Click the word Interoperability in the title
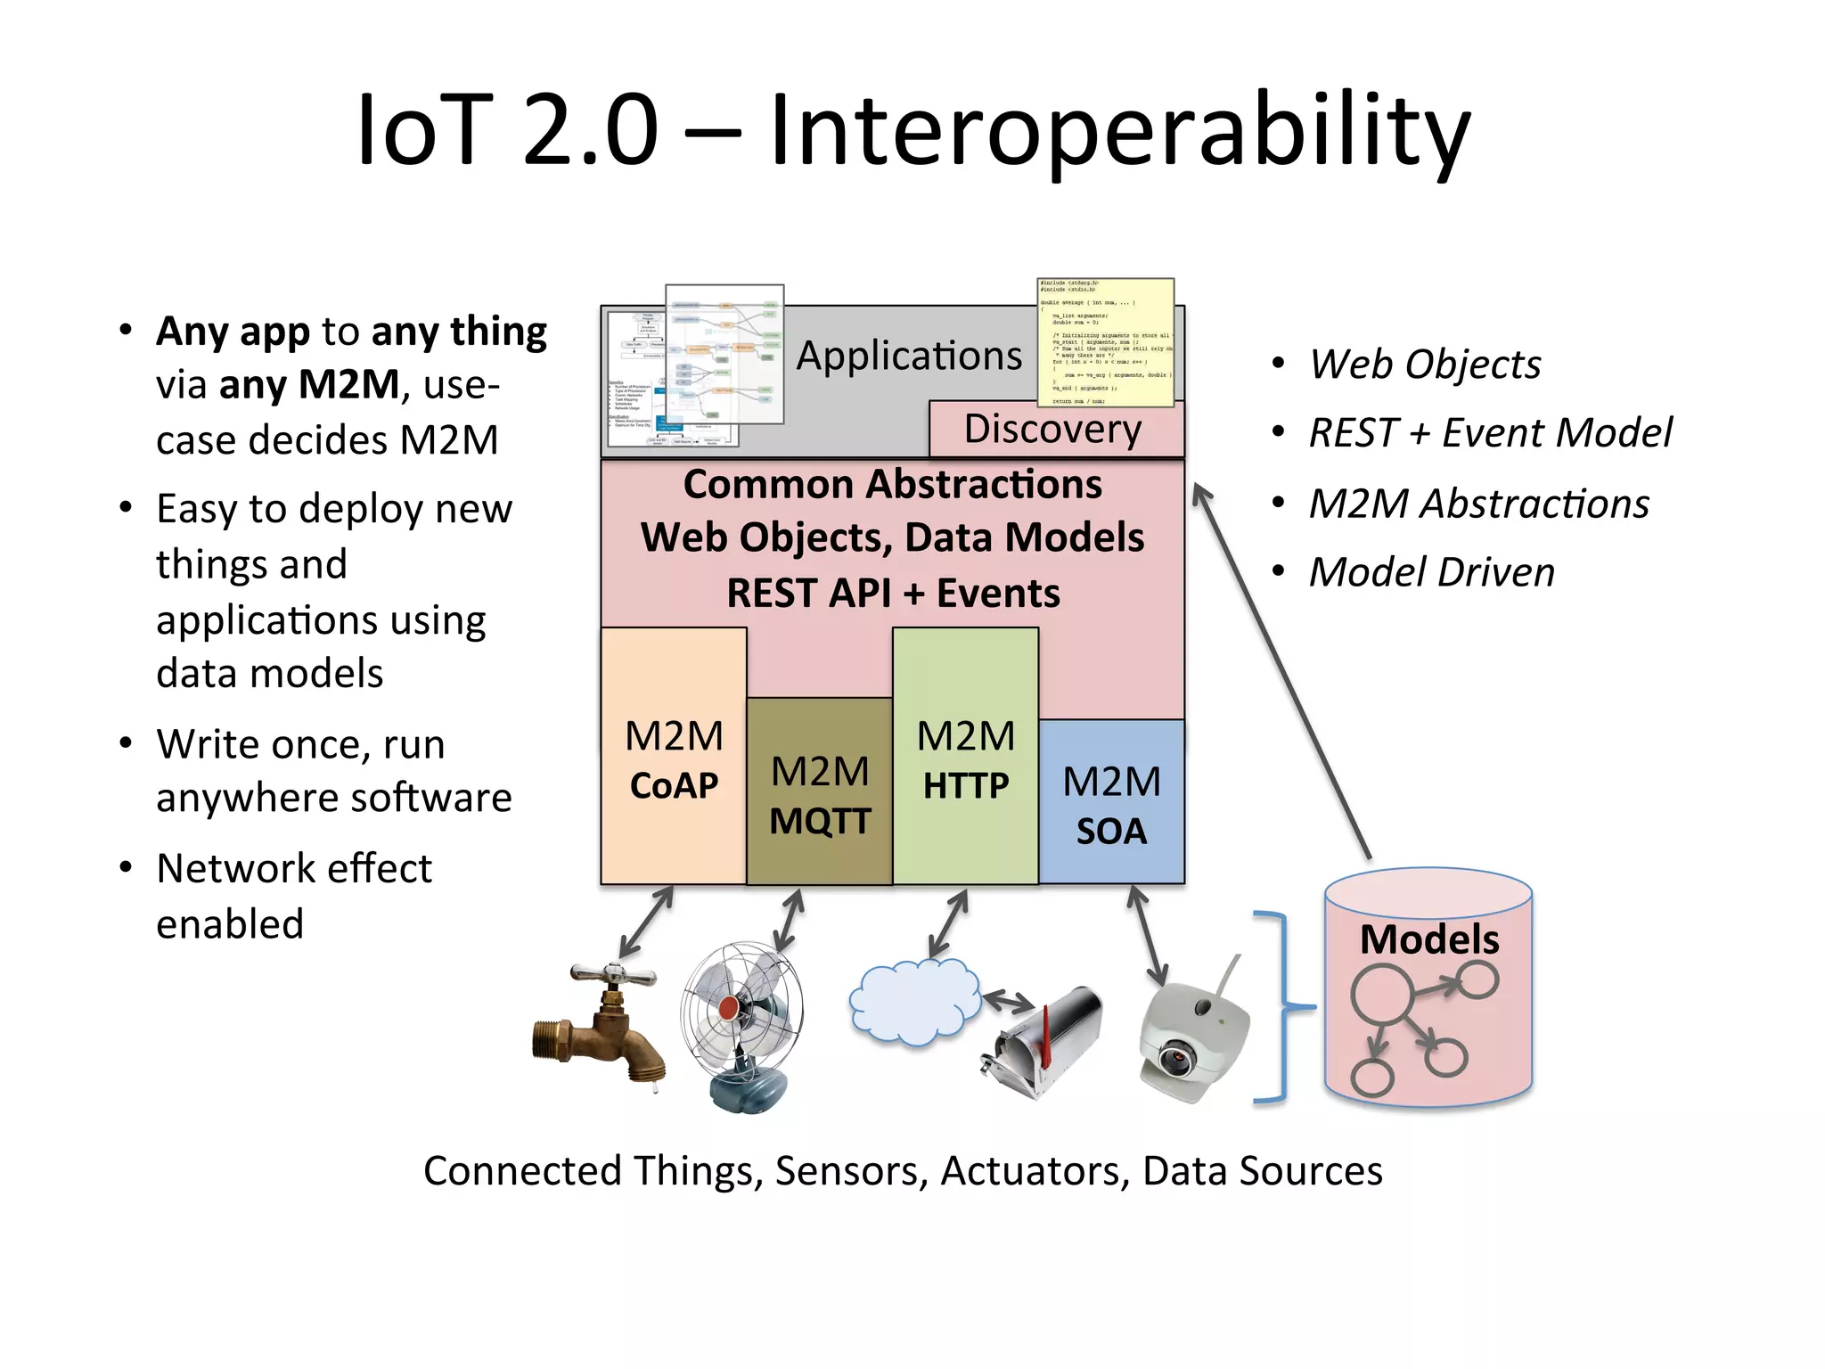tap(1118, 131)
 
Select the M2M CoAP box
tap(674, 758)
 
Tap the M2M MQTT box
tap(819, 793)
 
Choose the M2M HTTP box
tap(965, 758)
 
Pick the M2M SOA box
tap(1111, 802)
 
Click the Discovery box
tap(1053, 430)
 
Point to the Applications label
tap(909, 356)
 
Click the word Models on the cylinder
tap(1429, 939)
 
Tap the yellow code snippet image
tap(1105, 342)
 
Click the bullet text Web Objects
tap(1425, 364)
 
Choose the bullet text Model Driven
tap(1431, 572)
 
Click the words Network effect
tap(294, 868)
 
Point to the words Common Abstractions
tap(893, 485)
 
